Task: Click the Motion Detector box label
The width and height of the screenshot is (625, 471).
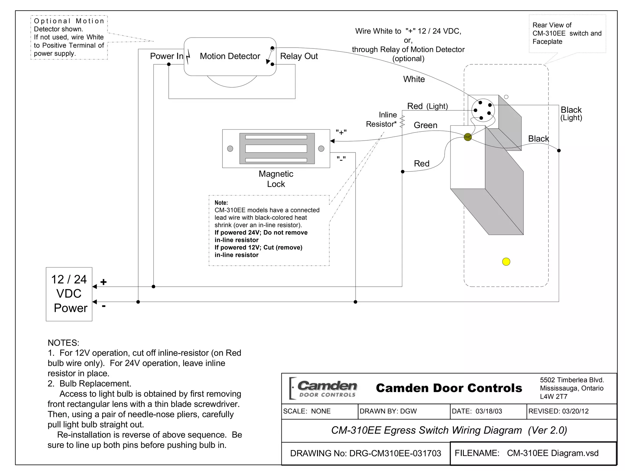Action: (x=230, y=56)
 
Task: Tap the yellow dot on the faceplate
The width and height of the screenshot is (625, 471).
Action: (x=506, y=262)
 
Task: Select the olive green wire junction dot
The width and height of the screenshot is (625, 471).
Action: (x=468, y=137)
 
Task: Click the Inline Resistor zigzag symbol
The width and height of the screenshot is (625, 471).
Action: (x=402, y=121)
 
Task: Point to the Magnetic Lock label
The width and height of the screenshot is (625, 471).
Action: (x=276, y=179)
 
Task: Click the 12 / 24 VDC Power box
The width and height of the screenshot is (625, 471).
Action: (x=69, y=294)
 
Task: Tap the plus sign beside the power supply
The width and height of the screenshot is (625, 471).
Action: (x=103, y=282)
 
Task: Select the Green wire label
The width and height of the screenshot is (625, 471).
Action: (x=425, y=125)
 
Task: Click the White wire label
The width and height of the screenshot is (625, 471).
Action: (x=414, y=79)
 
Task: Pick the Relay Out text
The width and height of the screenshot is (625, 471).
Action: (x=299, y=56)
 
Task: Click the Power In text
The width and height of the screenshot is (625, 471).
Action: (x=166, y=56)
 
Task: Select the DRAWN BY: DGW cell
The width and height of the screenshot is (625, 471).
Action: (x=388, y=411)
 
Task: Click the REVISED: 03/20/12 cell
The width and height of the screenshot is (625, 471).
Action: (x=558, y=411)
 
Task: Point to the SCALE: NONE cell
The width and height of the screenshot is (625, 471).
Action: (x=307, y=411)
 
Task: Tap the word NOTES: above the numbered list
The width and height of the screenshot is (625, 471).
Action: (x=63, y=343)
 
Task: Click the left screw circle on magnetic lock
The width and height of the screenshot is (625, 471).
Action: (x=230, y=149)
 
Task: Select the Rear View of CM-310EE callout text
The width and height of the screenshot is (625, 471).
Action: (x=567, y=33)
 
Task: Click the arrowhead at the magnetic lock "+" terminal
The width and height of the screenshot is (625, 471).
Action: (x=332, y=141)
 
